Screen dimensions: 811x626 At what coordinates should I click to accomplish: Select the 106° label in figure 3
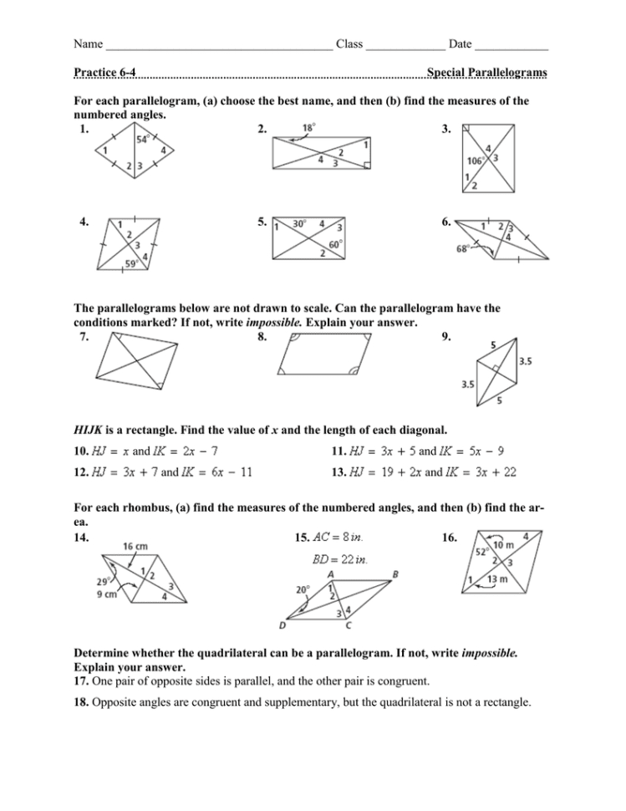(x=476, y=161)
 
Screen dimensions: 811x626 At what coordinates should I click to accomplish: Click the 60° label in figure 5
(x=336, y=244)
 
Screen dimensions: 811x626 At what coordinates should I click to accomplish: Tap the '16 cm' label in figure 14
(x=135, y=545)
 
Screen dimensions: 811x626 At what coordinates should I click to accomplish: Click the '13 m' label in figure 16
(x=497, y=579)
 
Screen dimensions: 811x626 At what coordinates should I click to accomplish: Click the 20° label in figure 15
(x=303, y=589)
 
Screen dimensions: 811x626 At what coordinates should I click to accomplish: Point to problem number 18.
(x=81, y=703)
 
